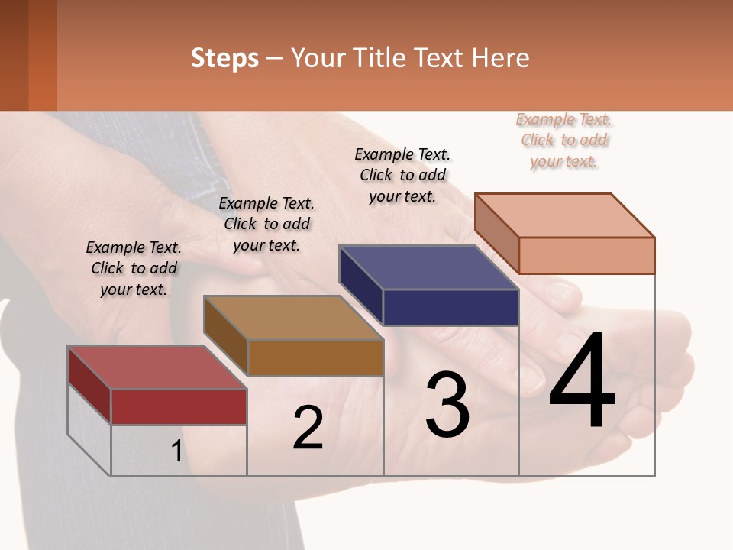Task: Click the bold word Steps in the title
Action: (x=224, y=58)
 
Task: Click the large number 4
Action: (x=582, y=383)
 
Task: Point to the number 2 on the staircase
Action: (x=308, y=429)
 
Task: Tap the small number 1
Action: (x=176, y=451)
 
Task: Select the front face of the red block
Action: (x=179, y=406)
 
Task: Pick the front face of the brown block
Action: (x=315, y=357)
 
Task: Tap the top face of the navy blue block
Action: (x=428, y=267)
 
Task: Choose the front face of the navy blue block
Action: (x=450, y=308)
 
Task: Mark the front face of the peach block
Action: (x=586, y=255)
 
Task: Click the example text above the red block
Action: (x=134, y=268)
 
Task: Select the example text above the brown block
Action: (x=266, y=224)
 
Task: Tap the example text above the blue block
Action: (x=402, y=175)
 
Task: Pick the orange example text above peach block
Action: (x=564, y=140)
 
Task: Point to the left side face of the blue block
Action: (x=360, y=284)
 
